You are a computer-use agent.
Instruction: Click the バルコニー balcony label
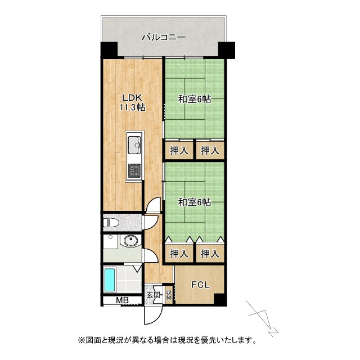pos(164,38)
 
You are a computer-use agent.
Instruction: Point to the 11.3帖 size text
pos(132,107)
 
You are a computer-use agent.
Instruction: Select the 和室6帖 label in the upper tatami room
pos(195,100)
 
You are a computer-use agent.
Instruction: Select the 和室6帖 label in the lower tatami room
pos(195,202)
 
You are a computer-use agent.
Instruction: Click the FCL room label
pos(200,285)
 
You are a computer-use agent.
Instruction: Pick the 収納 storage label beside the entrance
pos(169,294)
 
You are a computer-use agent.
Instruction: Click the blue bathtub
pos(110,280)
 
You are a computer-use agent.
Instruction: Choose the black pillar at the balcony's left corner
pos(108,50)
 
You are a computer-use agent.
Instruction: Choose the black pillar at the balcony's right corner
pos(228,49)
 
